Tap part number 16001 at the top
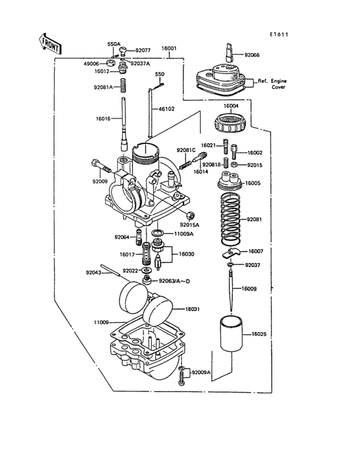[168, 48]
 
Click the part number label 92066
[253, 55]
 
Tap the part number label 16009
[249, 289]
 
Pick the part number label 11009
[103, 322]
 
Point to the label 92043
[94, 272]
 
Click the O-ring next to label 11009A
[156, 233]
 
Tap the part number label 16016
[104, 119]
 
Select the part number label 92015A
[190, 225]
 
